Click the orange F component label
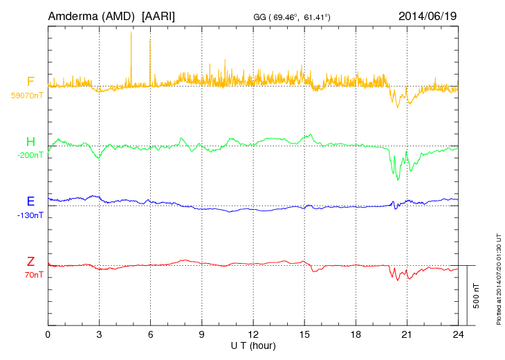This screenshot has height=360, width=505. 30,82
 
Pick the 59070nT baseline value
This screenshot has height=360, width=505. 27,96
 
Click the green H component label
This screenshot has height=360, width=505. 30,142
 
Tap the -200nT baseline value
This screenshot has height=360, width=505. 30,155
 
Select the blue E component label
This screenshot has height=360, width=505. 30,201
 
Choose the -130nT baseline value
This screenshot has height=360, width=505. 30,215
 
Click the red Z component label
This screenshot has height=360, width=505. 30,261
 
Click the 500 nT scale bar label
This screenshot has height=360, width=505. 476,296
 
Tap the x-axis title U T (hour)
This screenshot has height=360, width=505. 253,345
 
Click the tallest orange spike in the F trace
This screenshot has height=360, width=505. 131,35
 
